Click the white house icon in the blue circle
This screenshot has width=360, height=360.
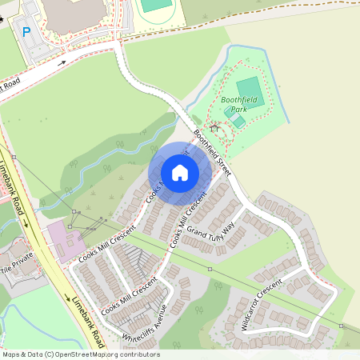(x=180, y=172)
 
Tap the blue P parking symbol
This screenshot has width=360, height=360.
(x=26, y=32)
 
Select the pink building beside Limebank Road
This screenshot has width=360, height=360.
(x=64, y=241)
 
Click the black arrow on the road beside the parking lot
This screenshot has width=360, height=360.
(x=62, y=62)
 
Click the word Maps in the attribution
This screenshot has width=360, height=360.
(x=12, y=354)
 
